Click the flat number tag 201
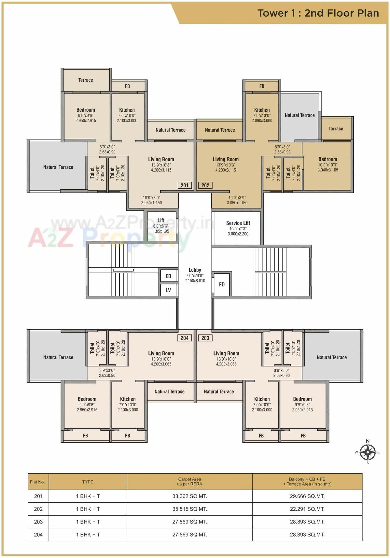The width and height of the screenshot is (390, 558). [x=185, y=185]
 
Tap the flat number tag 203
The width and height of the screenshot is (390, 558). [x=205, y=338]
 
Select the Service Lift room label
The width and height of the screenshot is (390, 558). [x=238, y=223]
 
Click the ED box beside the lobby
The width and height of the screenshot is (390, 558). [x=168, y=276]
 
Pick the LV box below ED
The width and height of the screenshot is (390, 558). [x=168, y=290]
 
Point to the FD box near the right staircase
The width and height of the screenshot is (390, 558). [x=222, y=284]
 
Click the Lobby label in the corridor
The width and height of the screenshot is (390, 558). [x=195, y=270]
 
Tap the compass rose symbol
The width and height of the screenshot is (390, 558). [x=368, y=452]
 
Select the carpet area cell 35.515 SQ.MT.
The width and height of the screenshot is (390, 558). [x=189, y=509]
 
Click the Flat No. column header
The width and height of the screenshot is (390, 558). [x=37, y=482]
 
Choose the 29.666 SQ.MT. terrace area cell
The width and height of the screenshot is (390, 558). [x=307, y=496]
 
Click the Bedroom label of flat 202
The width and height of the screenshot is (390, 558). [x=327, y=159]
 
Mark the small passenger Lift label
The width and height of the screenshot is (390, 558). [x=161, y=221]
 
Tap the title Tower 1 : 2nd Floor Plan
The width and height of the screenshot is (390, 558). [x=318, y=13]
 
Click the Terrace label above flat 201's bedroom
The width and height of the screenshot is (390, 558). [x=86, y=80]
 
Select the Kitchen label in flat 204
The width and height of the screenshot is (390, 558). [x=128, y=399]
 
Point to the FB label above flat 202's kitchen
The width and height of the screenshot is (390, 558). [x=262, y=86]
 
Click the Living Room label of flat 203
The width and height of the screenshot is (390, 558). [x=226, y=353]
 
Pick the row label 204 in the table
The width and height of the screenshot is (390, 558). [x=38, y=535]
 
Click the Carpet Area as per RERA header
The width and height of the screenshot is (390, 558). [x=189, y=481]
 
